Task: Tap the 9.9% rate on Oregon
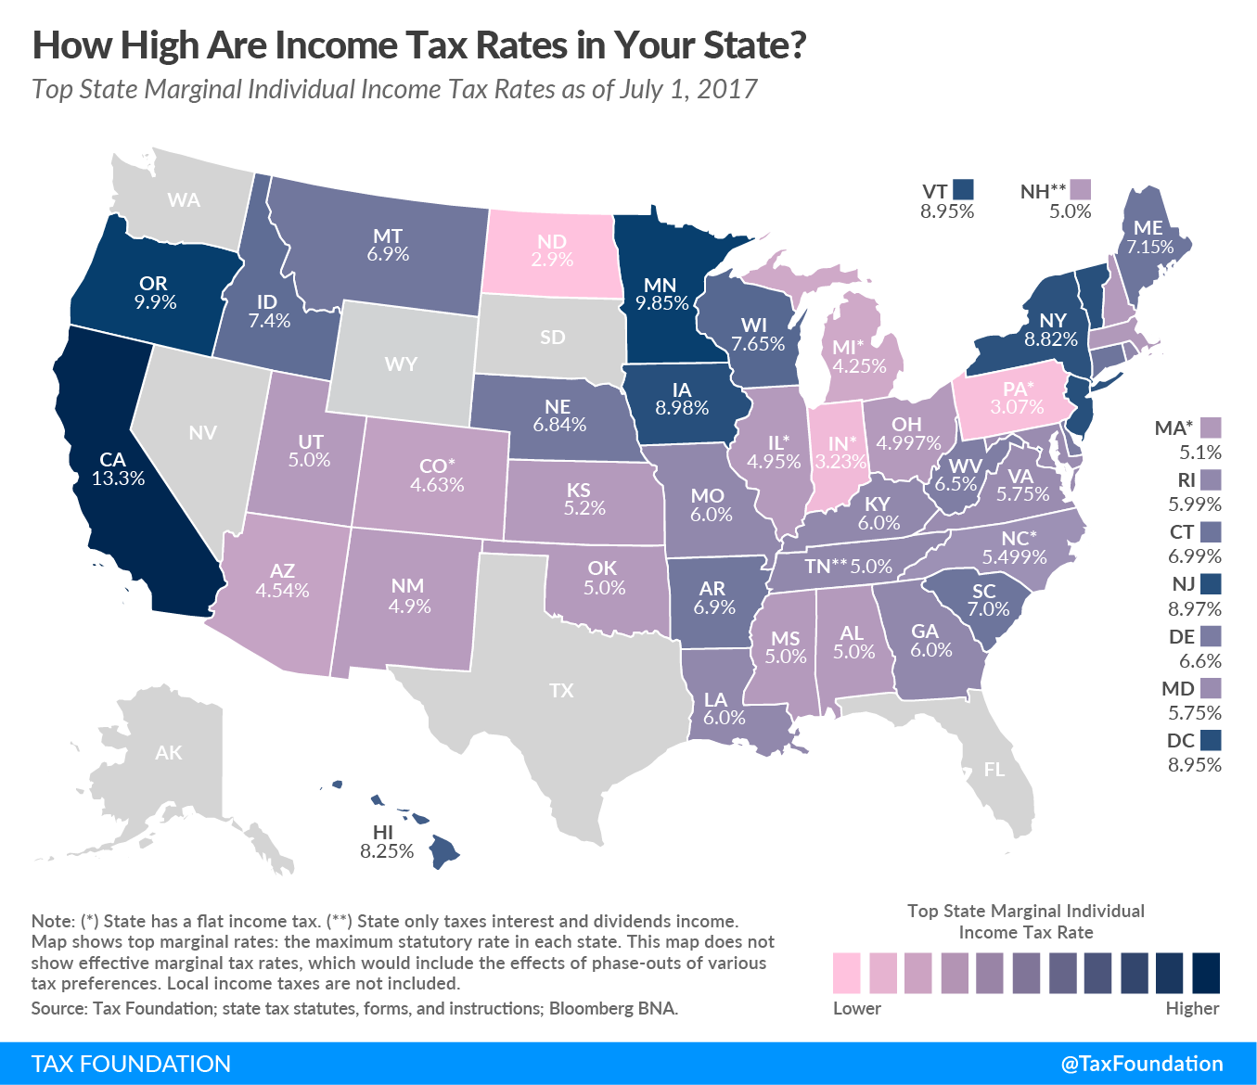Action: point(154,302)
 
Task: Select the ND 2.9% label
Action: point(552,250)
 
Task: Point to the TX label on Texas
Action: point(561,690)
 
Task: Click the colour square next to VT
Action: point(963,190)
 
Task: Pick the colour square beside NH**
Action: point(1080,190)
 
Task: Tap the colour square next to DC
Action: point(1210,740)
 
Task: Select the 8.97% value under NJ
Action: point(1194,609)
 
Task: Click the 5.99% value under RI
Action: point(1194,504)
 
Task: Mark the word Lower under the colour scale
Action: point(856,1008)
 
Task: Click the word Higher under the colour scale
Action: point(1192,1008)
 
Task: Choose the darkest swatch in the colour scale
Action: point(1205,973)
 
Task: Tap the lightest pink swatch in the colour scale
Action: point(846,973)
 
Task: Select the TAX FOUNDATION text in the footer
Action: point(131,1064)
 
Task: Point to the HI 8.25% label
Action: point(387,841)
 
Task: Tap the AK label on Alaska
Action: point(169,753)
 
